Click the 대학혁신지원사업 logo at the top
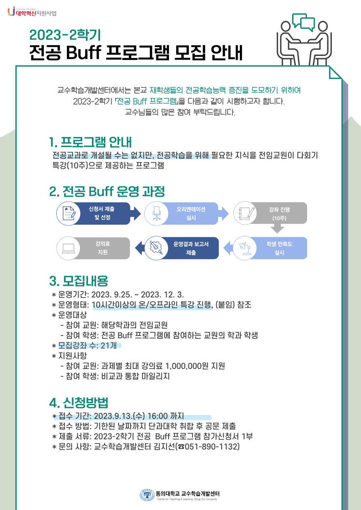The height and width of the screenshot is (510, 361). click(32, 11)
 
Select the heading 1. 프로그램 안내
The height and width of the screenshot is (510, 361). click(90, 142)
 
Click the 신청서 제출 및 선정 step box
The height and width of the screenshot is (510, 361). click(94, 213)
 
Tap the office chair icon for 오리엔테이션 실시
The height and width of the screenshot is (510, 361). click(156, 213)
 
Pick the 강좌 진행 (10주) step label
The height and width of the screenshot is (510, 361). click(279, 214)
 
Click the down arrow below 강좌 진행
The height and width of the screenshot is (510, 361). click(277, 228)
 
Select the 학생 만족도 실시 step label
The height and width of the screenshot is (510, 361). click(279, 248)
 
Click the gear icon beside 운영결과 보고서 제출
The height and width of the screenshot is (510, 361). click(156, 248)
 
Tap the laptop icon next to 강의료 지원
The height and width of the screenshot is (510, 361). click(68, 248)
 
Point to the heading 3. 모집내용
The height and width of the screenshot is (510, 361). click(79, 281)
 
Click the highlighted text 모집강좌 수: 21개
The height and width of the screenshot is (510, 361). click(87, 345)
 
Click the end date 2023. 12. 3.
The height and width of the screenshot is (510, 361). click(162, 295)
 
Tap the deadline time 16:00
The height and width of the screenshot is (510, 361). click(158, 416)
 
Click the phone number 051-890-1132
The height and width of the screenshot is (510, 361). click(211, 446)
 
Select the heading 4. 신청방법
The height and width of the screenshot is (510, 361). click(79, 403)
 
